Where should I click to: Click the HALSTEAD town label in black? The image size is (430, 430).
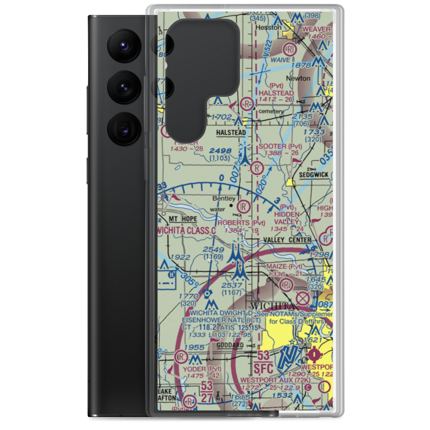tap(232, 133)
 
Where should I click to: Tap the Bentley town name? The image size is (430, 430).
tap(224, 199)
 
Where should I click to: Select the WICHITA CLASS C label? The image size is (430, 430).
tap(186, 230)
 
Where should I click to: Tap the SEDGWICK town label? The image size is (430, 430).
tap(313, 175)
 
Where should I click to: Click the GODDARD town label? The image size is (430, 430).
tap(230, 345)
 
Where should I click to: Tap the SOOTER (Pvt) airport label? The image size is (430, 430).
tap(281, 147)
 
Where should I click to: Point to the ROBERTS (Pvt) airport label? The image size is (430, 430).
tap(241, 223)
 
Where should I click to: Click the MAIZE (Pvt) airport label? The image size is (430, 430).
tap(287, 267)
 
